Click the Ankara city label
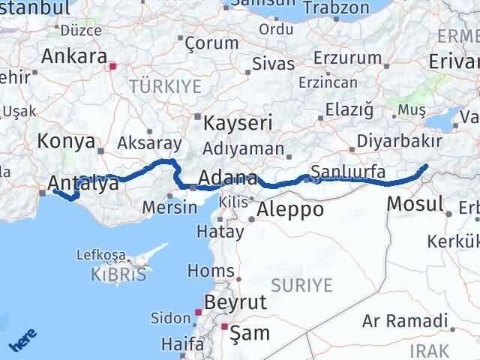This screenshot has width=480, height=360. click(73, 55)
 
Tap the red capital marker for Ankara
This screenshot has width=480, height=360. click(113, 66)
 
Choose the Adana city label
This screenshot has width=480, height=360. click(228, 179)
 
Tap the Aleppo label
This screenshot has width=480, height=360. click(290, 210)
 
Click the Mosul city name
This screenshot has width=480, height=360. click(415, 203)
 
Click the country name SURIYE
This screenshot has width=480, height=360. click(301, 285)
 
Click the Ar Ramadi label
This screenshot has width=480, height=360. click(403, 321)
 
